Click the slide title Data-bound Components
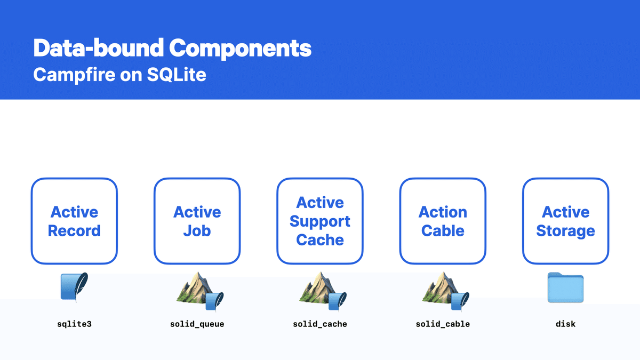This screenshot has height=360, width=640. click(x=172, y=49)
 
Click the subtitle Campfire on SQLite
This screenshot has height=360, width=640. click(x=119, y=74)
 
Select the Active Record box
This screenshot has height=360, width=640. click(x=74, y=221)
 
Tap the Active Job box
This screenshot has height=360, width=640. click(x=197, y=221)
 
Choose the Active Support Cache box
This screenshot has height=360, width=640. click(x=320, y=221)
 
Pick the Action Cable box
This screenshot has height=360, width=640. click(x=443, y=221)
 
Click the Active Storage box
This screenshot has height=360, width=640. click(x=565, y=221)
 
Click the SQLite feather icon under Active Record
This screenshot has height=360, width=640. click(x=74, y=288)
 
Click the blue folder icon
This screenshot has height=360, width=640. click(x=565, y=288)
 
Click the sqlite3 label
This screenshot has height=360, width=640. click(x=74, y=324)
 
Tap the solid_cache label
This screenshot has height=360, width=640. click(x=320, y=324)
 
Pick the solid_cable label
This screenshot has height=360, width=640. click(x=443, y=324)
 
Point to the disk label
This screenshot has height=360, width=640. click(x=565, y=324)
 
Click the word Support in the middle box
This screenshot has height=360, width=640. click(x=320, y=221)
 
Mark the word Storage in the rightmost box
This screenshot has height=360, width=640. click(x=565, y=231)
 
